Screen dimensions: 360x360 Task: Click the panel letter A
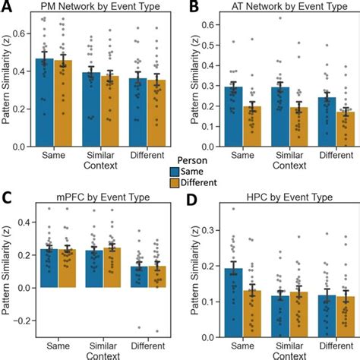[x=7, y=6]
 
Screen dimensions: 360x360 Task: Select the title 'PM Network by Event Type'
[x=100, y=6]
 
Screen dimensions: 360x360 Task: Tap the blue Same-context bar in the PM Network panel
[x=45, y=103]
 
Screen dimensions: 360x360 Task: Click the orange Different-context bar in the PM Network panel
[x=156, y=113]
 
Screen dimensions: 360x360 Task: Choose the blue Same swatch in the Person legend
[x=175, y=172]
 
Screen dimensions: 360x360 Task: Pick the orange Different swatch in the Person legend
[x=175, y=183]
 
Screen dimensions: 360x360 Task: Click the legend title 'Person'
[x=192, y=160]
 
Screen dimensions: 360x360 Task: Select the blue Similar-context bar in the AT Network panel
[x=280, y=117]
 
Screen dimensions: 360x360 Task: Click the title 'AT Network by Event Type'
[x=289, y=6]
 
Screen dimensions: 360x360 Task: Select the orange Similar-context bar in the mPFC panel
[x=112, y=267]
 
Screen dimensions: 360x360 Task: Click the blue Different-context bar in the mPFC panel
[x=139, y=277]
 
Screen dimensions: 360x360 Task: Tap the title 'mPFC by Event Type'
[x=103, y=197]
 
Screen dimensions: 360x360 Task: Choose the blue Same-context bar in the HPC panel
[x=234, y=303]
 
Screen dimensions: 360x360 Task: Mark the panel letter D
[x=192, y=200]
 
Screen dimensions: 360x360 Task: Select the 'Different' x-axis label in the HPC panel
[x=336, y=346]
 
